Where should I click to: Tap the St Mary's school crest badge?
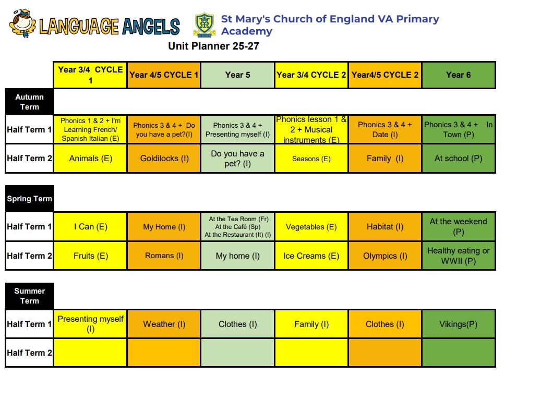(205, 25)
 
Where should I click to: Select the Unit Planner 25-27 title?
(213, 46)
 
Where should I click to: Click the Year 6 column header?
(459, 75)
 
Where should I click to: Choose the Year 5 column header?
(238, 75)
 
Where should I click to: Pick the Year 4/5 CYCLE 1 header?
(164, 75)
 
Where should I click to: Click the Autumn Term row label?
(30, 102)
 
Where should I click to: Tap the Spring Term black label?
(30, 199)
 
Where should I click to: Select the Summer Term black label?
(30, 296)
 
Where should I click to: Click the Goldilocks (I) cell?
(164, 158)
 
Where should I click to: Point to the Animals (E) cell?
(90, 158)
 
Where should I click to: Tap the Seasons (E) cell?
(311, 158)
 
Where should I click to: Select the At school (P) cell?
(459, 158)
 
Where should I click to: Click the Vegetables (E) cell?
(311, 226)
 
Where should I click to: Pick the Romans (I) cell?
(164, 256)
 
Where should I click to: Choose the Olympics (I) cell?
(385, 256)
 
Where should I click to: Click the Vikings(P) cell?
(459, 324)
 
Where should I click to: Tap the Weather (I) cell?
(164, 324)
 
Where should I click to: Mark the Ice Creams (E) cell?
(311, 256)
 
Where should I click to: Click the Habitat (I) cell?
(385, 226)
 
